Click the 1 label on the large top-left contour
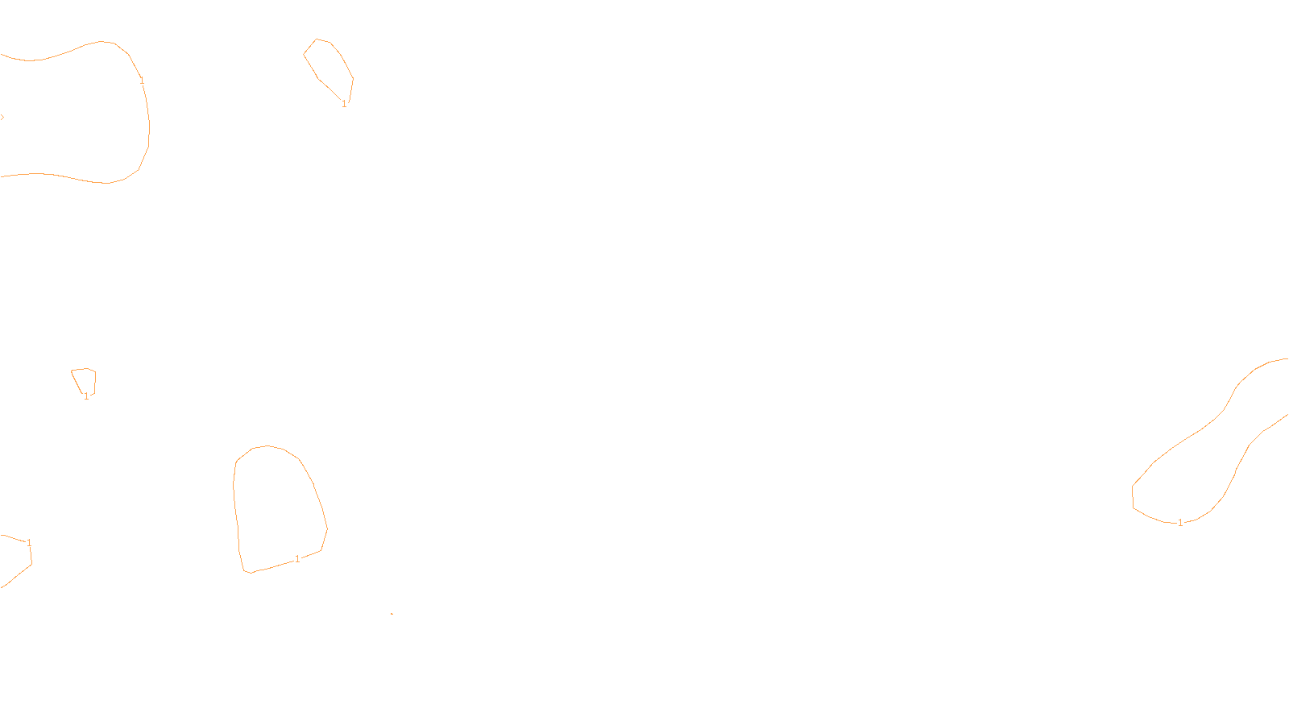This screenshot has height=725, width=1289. pos(142,81)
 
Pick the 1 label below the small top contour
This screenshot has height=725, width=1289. pos(344,104)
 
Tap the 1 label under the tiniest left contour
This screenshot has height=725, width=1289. pos(86,396)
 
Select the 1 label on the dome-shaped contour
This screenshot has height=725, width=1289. pos(297,559)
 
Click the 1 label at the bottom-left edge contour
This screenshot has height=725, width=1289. pos(29,543)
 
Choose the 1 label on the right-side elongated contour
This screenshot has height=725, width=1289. pos(1180,523)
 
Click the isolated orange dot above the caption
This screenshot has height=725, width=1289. pos(392,614)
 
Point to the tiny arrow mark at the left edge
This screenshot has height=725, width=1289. pos(2,118)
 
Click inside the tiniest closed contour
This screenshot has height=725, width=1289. pos(85,379)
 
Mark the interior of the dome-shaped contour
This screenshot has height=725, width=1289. pos(278,507)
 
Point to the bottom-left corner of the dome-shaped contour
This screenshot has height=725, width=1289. pos(246,571)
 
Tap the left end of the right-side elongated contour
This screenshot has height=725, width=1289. pos(1134,495)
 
